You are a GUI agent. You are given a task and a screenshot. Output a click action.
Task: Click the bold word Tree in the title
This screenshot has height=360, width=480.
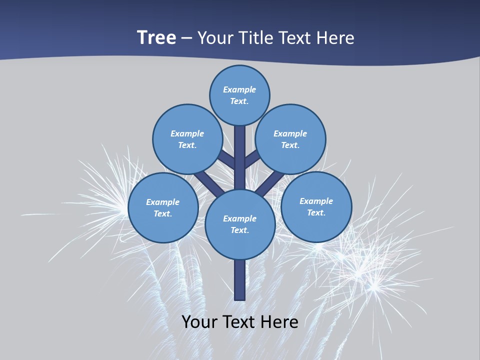pos(156,37)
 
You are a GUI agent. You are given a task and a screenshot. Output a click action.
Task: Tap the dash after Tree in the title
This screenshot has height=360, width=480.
pos(186,38)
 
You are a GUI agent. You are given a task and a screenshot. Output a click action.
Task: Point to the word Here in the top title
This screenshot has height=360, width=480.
pos(337,37)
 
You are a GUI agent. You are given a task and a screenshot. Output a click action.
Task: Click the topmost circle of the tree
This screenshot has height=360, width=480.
pos(239,95)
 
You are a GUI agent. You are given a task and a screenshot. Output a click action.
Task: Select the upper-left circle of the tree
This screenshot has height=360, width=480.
pos(187,139)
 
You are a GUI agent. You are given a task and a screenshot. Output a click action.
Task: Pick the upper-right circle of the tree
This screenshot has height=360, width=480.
pos(290,139)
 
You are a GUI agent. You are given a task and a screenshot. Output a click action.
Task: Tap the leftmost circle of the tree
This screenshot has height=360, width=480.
pos(163,207)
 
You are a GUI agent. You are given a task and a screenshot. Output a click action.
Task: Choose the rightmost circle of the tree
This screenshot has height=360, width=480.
pos(316,206)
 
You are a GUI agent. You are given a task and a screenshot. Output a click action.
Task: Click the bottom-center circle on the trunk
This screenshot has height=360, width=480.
pos(240,224)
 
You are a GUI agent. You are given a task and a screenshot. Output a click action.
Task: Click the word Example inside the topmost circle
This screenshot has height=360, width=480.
pos(239,89)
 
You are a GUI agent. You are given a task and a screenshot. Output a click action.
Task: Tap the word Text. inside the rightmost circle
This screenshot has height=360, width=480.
pos(316,212)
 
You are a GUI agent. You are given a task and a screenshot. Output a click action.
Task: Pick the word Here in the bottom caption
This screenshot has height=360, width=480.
pos(281,321)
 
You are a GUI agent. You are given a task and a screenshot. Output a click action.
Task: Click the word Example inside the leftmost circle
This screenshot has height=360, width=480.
pos(163,202)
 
